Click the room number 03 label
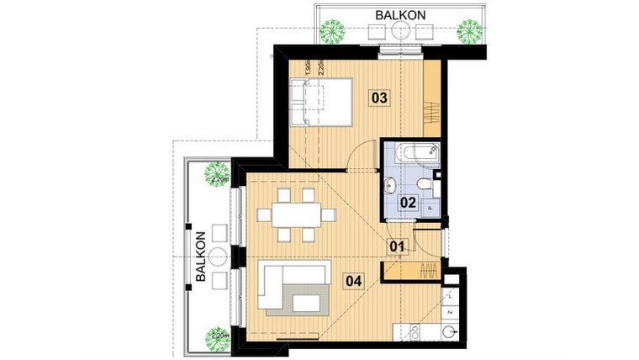pos(378,98)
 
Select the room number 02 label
pos(409,202)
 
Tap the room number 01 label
pos(397,246)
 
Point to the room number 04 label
pos(355,282)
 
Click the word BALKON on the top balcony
pos(400,14)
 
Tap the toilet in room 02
pos(425,183)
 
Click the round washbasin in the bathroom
pos(391,184)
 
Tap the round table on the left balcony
pos(219,256)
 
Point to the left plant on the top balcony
pos(333,32)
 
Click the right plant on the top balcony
pos(469,32)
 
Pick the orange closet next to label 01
pos(412,271)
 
